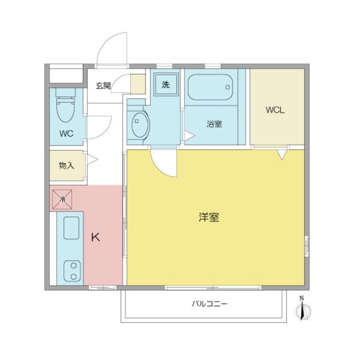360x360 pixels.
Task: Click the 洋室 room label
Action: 209,217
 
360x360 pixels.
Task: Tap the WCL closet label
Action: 275,110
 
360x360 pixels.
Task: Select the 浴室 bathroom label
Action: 214,124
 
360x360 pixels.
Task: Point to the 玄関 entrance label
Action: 103,85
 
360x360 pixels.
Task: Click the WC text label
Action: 66,133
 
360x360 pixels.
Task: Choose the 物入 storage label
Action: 66,165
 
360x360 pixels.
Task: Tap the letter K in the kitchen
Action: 95,237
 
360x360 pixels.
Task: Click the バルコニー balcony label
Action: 210,304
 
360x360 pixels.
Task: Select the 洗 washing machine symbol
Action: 166,85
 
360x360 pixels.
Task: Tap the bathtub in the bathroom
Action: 210,87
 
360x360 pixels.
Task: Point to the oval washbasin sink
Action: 140,125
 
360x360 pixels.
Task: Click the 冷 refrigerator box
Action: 62,199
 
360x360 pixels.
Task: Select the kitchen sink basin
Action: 71,228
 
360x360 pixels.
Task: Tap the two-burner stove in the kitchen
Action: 72,271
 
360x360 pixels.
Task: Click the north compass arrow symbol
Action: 303,309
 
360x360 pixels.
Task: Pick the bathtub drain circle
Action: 228,87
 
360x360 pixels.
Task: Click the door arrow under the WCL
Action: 282,154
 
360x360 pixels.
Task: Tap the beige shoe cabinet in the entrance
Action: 138,84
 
